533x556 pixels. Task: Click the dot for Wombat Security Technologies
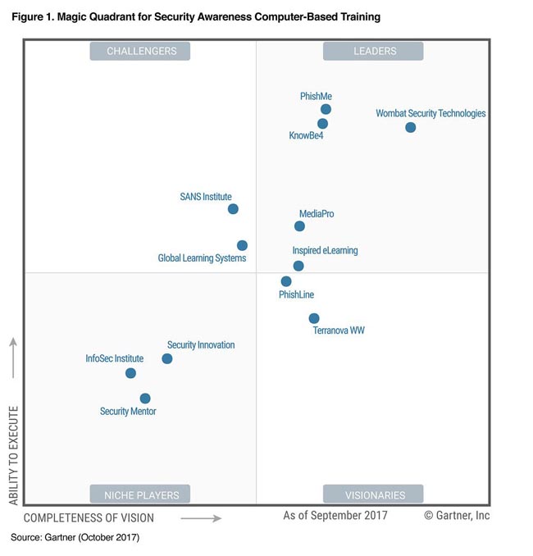point(411,127)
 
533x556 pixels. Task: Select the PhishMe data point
point(326,109)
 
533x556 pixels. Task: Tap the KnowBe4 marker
point(323,124)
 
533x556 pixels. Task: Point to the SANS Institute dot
point(233,209)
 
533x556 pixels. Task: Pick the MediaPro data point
point(300,226)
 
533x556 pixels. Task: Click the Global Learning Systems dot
point(242,245)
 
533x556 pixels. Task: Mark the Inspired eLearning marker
point(298,266)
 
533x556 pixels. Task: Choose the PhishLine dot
point(286,281)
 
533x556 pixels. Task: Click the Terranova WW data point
point(314,318)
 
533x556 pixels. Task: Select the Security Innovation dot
point(167,358)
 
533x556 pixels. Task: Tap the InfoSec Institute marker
point(130,373)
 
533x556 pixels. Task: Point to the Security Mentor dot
point(145,399)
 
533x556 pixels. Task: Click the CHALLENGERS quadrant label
point(140,51)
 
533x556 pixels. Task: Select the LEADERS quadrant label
point(373,51)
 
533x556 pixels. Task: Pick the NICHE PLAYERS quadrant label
point(140,494)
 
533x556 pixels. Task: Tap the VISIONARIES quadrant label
point(373,494)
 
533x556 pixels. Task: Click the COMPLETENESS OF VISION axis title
point(89,518)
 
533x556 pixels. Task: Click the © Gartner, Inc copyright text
point(457,516)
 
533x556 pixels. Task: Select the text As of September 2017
point(335,516)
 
